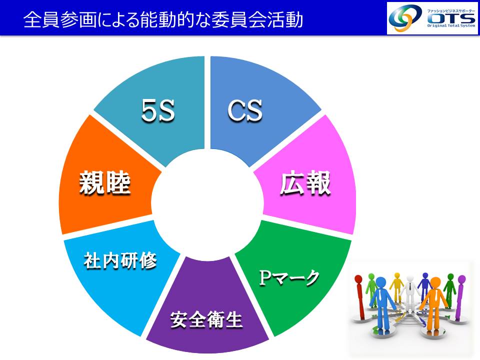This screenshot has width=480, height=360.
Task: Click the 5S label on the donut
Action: (158, 110)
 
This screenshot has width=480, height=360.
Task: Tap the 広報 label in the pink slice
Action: (305, 183)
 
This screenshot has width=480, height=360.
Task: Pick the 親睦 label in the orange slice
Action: (105, 183)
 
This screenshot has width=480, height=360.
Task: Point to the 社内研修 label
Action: (120, 260)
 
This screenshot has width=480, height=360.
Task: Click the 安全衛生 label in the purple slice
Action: (206, 319)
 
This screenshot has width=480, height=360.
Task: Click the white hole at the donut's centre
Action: (207, 204)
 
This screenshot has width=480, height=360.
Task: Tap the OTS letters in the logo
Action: (451, 18)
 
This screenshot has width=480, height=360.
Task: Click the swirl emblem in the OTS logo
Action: (405, 18)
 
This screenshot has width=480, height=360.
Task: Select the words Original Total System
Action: (451, 25)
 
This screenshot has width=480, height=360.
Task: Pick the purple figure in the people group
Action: (460, 297)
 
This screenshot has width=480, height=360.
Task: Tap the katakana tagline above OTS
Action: (451, 11)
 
